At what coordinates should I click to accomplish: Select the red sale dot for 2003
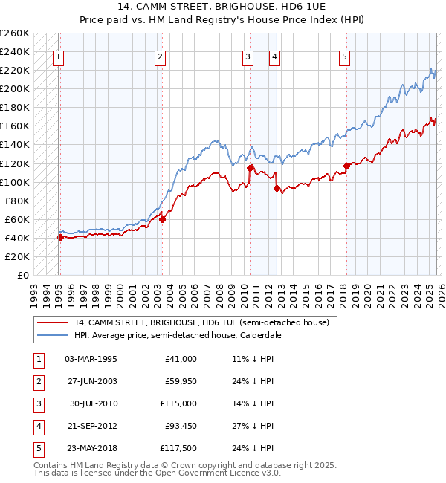[x=162, y=219]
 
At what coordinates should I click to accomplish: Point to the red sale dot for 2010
[x=250, y=168]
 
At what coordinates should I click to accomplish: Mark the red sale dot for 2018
[x=346, y=166]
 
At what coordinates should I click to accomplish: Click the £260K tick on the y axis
[x=14, y=33]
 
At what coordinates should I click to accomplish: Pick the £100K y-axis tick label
[x=14, y=182]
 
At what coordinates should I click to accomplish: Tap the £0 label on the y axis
[x=22, y=275]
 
